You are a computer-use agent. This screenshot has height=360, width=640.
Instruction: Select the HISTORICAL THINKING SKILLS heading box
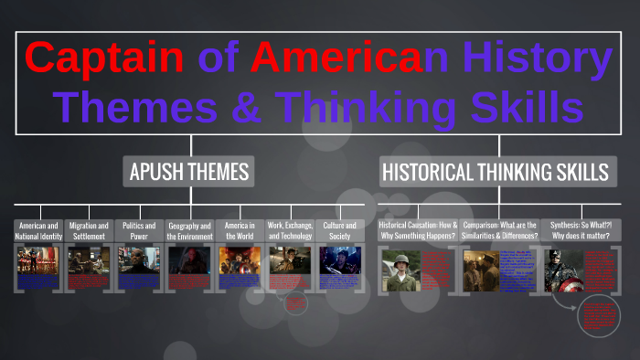(x=495, y=171)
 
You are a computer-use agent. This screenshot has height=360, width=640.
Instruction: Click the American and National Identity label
(x=38, y=230)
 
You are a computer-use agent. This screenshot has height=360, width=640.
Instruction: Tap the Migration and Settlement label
(x=89, y=230)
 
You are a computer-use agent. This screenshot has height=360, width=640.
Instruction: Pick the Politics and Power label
(x=139, y=230)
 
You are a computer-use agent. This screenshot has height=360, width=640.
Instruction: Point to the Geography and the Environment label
(x=189, y=230)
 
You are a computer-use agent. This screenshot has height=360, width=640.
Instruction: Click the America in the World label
(x=240, y=230)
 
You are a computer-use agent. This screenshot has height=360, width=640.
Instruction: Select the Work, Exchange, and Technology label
(x=290, y=230)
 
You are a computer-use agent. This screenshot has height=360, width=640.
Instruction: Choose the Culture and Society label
(x=340, y=230)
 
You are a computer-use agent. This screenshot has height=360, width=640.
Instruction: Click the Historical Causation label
(x=418, y=230)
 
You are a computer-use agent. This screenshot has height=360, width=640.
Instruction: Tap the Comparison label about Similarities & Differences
(x=499, y=230)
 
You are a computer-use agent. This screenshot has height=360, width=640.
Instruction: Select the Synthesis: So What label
(x=581, y=230)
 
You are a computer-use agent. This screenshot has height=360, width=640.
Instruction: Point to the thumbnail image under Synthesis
(x=563, y=270)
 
